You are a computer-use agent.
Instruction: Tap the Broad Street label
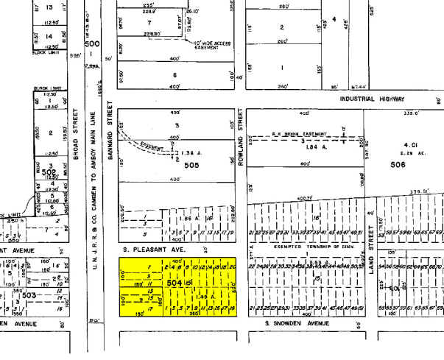coord(76,128)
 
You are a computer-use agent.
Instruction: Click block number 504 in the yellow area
coord(175,282)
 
